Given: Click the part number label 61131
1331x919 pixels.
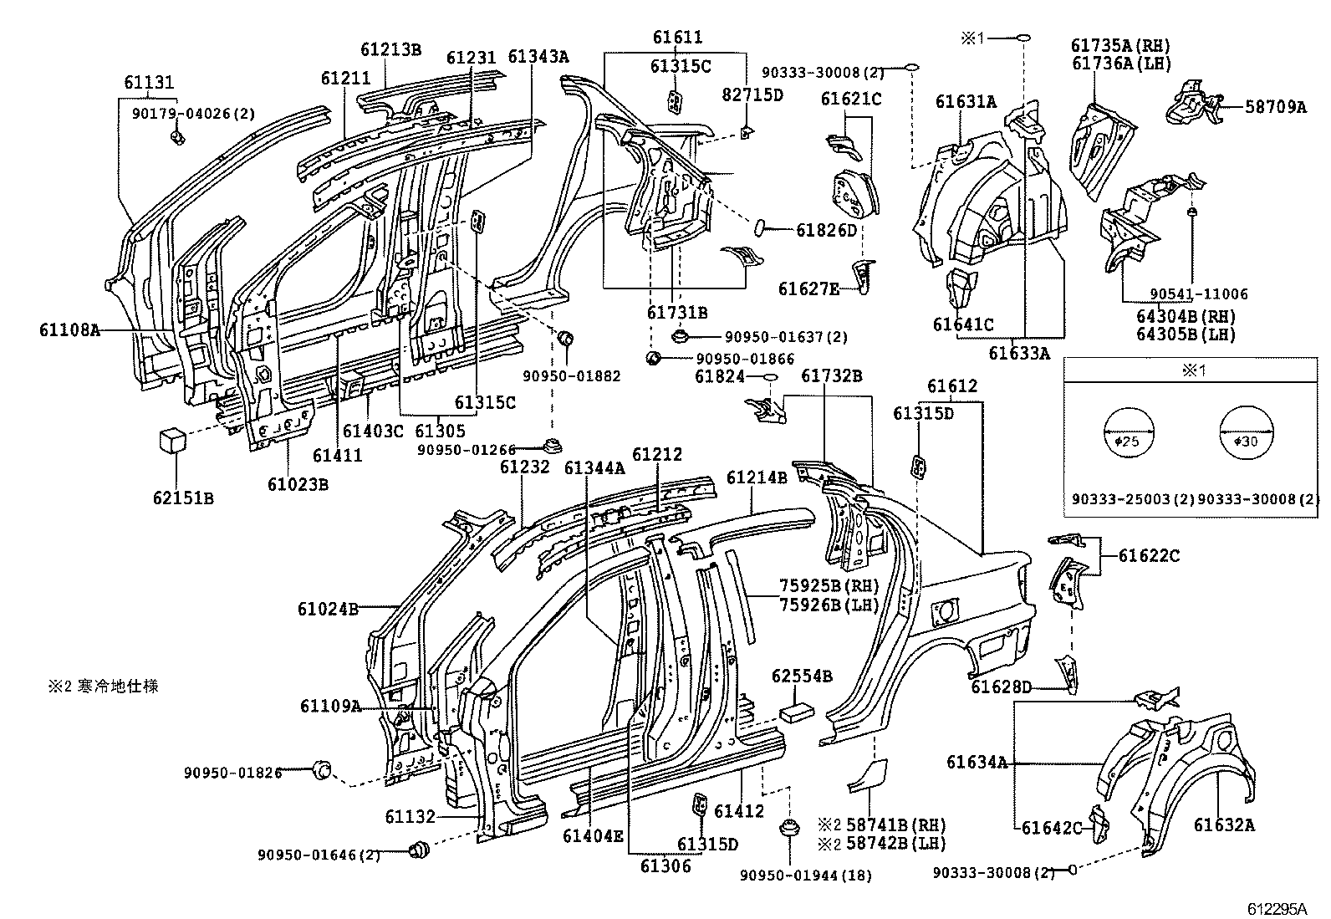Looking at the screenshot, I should pos(149,82).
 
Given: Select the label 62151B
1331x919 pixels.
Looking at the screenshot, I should pos(183,498).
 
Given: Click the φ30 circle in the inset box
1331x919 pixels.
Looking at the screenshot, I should pos(1246,433).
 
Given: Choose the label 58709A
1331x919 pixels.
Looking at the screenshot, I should pos(1275,106).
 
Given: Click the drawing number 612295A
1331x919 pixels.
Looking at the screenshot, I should pos(1277,908).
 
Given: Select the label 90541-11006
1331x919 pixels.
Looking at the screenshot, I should pos(1198,294).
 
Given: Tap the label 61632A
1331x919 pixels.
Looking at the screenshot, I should pos(1224,826).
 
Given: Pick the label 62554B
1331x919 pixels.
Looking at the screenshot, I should pos(801,676).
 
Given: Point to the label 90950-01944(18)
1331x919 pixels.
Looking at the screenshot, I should pos(805,876).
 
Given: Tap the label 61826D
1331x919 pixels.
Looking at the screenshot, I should pos(826,229).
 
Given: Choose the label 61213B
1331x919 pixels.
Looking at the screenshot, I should pos(390,49).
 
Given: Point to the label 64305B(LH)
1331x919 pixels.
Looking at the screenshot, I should pos(1186,334).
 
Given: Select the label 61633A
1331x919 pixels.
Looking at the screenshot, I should pos(1018,354).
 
